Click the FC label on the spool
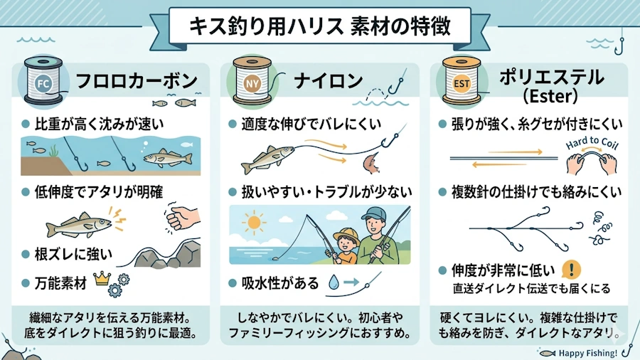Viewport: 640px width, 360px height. (x=43, y=84)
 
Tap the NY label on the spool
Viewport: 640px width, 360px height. (x=252, y=84)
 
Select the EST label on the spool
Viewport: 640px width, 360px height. (x=462, y=84)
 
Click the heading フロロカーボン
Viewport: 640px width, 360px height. (x=137, y=80)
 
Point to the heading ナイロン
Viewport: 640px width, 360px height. (x=328, y=80)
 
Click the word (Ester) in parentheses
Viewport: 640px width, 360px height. (x=550, y=96)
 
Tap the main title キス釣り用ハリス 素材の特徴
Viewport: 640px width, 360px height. (x=319, y=26)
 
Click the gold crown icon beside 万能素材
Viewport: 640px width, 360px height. (x=102, y=278)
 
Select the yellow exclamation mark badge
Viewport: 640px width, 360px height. (x=572, y=270)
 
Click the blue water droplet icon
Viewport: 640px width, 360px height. (x=334, y=282)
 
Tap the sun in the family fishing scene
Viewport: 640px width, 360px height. (x=253, y=223)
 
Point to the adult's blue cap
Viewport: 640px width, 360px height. (x=374, y=213)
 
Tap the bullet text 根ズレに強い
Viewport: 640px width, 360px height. (x=73, y=254)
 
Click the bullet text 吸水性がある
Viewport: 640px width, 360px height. (x=279, y=282)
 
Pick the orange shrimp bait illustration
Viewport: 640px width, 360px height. (x=371, y=163)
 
